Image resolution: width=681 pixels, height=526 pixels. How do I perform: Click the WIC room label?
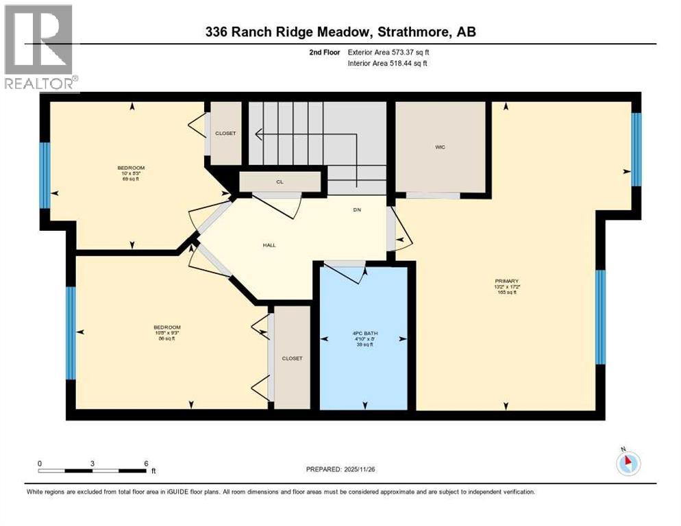click(x=440, y=147)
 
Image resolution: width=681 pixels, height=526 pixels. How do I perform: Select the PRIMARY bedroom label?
click(x=507, y=281)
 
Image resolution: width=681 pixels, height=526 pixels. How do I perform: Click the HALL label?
click(x=269, y=245)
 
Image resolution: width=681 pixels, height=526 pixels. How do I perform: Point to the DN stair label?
click(x=357, y=210)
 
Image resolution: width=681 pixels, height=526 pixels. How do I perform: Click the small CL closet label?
click(x=280, y=182)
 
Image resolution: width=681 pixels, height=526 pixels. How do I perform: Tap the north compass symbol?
click(x=628, y=463)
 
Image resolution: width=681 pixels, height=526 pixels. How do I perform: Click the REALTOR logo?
click(x=39, y=48)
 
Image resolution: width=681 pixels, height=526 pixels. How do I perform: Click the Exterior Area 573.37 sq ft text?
click(x=388, y=52)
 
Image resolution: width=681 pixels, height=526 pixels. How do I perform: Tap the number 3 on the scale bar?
click(x=92, y=464)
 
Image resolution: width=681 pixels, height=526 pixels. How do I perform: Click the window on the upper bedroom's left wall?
click(x=45, y=175)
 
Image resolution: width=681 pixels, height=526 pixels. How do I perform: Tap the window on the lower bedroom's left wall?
click(x=71, y=332)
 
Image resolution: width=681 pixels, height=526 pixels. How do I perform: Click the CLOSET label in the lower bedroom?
click(x=292, y=358)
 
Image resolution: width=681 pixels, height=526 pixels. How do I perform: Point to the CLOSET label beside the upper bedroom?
click(x=225, y=133)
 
